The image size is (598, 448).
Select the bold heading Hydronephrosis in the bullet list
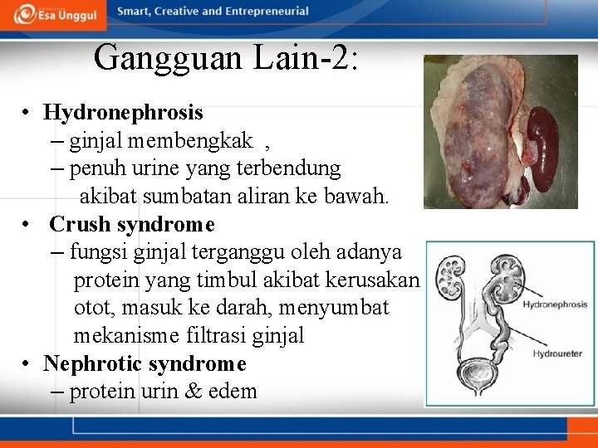point(123,112)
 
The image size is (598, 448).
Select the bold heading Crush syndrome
point(132,225)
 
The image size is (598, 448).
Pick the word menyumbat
point(334,308)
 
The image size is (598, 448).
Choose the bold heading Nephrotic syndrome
point(145,364)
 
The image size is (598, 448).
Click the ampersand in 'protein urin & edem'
point(194,392)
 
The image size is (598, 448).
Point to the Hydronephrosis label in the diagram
point(554,304)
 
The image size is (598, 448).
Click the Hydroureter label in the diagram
point(557,354)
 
